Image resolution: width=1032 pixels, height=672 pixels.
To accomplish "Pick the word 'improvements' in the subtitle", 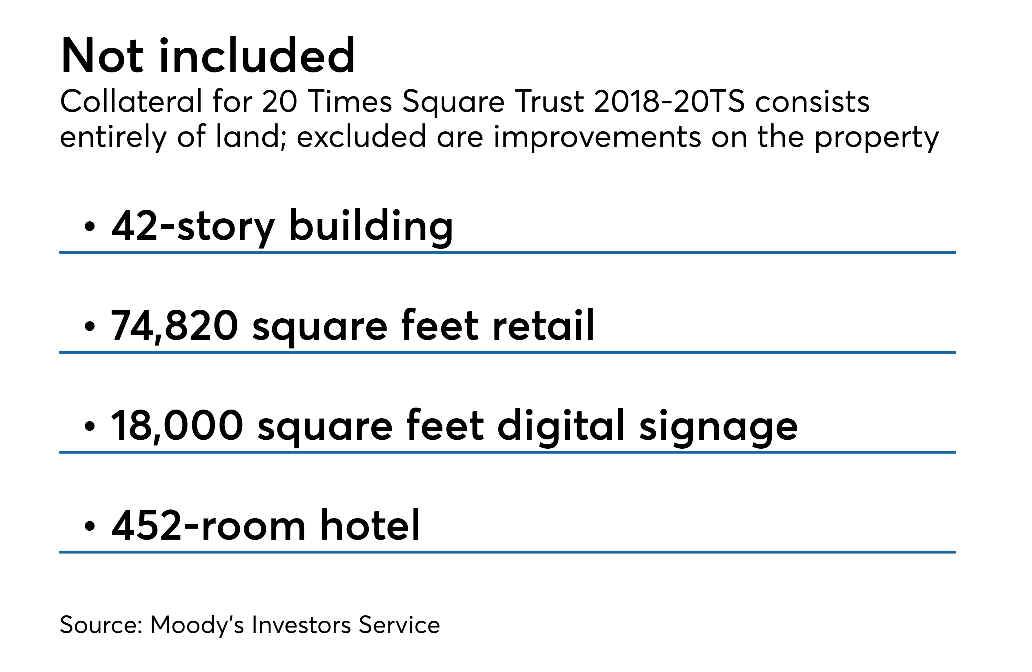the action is pos(597,137).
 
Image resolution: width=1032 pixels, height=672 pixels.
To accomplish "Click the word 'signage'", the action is pos(719,428).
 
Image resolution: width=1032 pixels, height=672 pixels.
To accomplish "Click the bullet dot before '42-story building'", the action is pos(89,226).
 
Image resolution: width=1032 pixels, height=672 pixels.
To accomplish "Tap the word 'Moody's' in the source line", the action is pos(197,625).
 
